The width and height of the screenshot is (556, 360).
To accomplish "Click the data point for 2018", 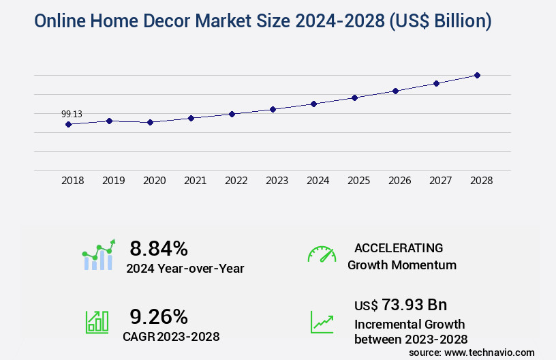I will (68, 124).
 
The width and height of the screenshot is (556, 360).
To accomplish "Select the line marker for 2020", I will (150, 122).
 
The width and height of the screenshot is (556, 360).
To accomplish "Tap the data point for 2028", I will (477, 75).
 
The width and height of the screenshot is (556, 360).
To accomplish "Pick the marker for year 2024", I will (313, 104).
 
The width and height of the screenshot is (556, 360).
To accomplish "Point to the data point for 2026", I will (395, 91).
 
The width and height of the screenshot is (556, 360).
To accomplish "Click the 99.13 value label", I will (72, 114).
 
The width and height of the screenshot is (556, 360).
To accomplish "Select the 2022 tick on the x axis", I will (236, 181).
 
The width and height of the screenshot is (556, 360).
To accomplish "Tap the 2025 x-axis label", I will (358, 181).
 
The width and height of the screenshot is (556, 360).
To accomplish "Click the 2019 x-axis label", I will (113, 181).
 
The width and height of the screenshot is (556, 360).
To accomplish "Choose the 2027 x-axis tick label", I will (440, 181).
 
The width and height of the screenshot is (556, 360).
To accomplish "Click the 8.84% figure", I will (159, 248).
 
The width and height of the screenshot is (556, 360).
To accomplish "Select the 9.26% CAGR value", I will (159, 316).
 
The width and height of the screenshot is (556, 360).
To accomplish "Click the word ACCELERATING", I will (399, 248).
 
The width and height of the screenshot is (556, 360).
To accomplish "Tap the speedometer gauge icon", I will (322, 254).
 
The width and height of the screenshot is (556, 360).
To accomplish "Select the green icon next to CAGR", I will (97, 322).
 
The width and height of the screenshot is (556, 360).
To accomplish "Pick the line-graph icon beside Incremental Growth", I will (322, 322).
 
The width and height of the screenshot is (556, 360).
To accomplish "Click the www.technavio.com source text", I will (488, 352).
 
